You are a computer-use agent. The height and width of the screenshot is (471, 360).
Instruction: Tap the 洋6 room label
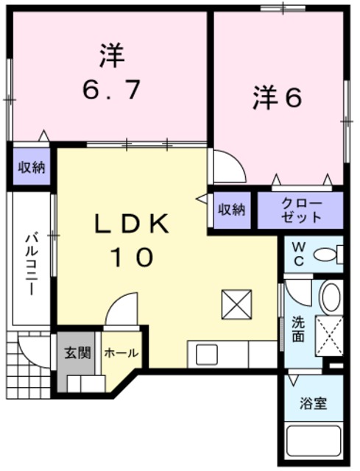click(278, 99)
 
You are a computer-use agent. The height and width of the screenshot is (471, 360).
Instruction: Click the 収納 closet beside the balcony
click(31, 168)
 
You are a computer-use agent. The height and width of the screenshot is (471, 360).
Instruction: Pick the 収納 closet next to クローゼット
click(230, 210)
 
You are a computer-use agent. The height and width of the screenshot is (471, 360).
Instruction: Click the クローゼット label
click(301, 210)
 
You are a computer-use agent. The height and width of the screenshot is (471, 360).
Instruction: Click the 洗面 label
click(297, 328)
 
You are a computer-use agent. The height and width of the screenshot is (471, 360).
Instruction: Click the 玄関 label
click(76, 353)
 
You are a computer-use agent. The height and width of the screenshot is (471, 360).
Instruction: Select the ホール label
click(121, 353)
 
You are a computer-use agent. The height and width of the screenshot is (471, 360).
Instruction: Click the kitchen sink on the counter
click(204, 354)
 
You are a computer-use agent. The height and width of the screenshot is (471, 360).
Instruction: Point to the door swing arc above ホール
click(121, 309)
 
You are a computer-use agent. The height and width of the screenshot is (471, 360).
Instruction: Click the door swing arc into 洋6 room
click(227, 166)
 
